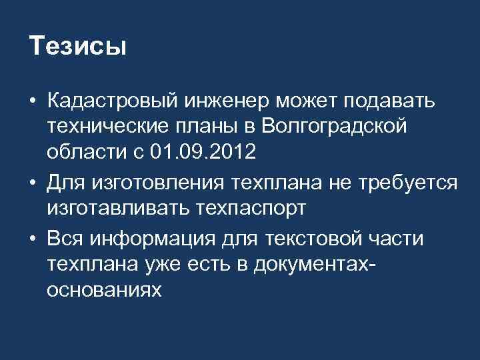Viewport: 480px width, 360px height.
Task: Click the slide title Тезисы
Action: (78, 46)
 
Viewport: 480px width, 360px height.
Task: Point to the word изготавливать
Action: (117, 207)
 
